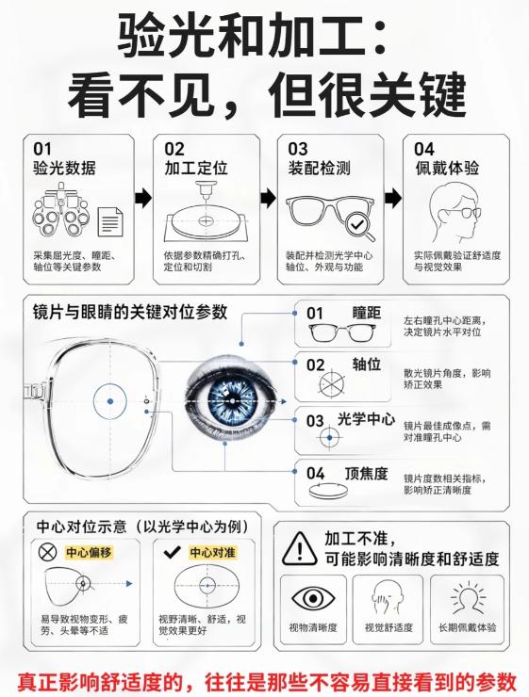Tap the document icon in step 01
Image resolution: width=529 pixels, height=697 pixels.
110,221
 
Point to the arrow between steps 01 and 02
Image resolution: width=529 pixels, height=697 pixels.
142,198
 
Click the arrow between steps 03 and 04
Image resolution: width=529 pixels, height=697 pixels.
393,198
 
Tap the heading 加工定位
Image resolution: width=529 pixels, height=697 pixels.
196,168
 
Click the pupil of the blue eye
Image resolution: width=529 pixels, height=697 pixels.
232,401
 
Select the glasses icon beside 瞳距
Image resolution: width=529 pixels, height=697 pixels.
342,332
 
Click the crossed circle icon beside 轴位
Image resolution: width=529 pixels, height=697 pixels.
332,383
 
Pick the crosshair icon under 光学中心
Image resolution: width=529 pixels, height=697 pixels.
329,437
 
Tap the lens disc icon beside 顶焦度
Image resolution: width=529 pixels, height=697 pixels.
328,491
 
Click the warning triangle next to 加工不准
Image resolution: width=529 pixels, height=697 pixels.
300,548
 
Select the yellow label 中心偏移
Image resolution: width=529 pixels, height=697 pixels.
89,553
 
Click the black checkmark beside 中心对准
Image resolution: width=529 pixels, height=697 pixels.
173,553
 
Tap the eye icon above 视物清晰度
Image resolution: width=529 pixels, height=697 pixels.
313,598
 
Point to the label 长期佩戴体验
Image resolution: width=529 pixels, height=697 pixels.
467,627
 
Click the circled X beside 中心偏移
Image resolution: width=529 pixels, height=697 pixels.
47,553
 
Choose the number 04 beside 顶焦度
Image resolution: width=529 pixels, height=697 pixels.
316,474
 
